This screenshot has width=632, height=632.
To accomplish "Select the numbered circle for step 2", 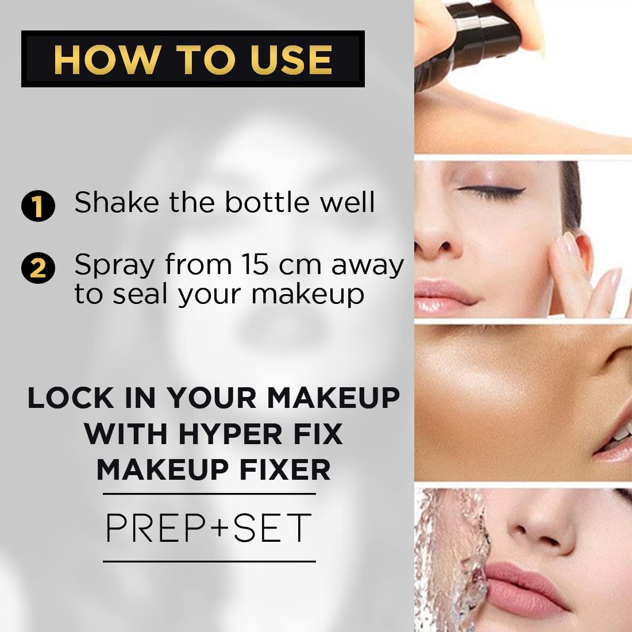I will point(38,268).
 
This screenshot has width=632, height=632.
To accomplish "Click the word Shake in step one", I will point(117,202).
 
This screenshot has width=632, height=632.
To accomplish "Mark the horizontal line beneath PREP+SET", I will point(209,561).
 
